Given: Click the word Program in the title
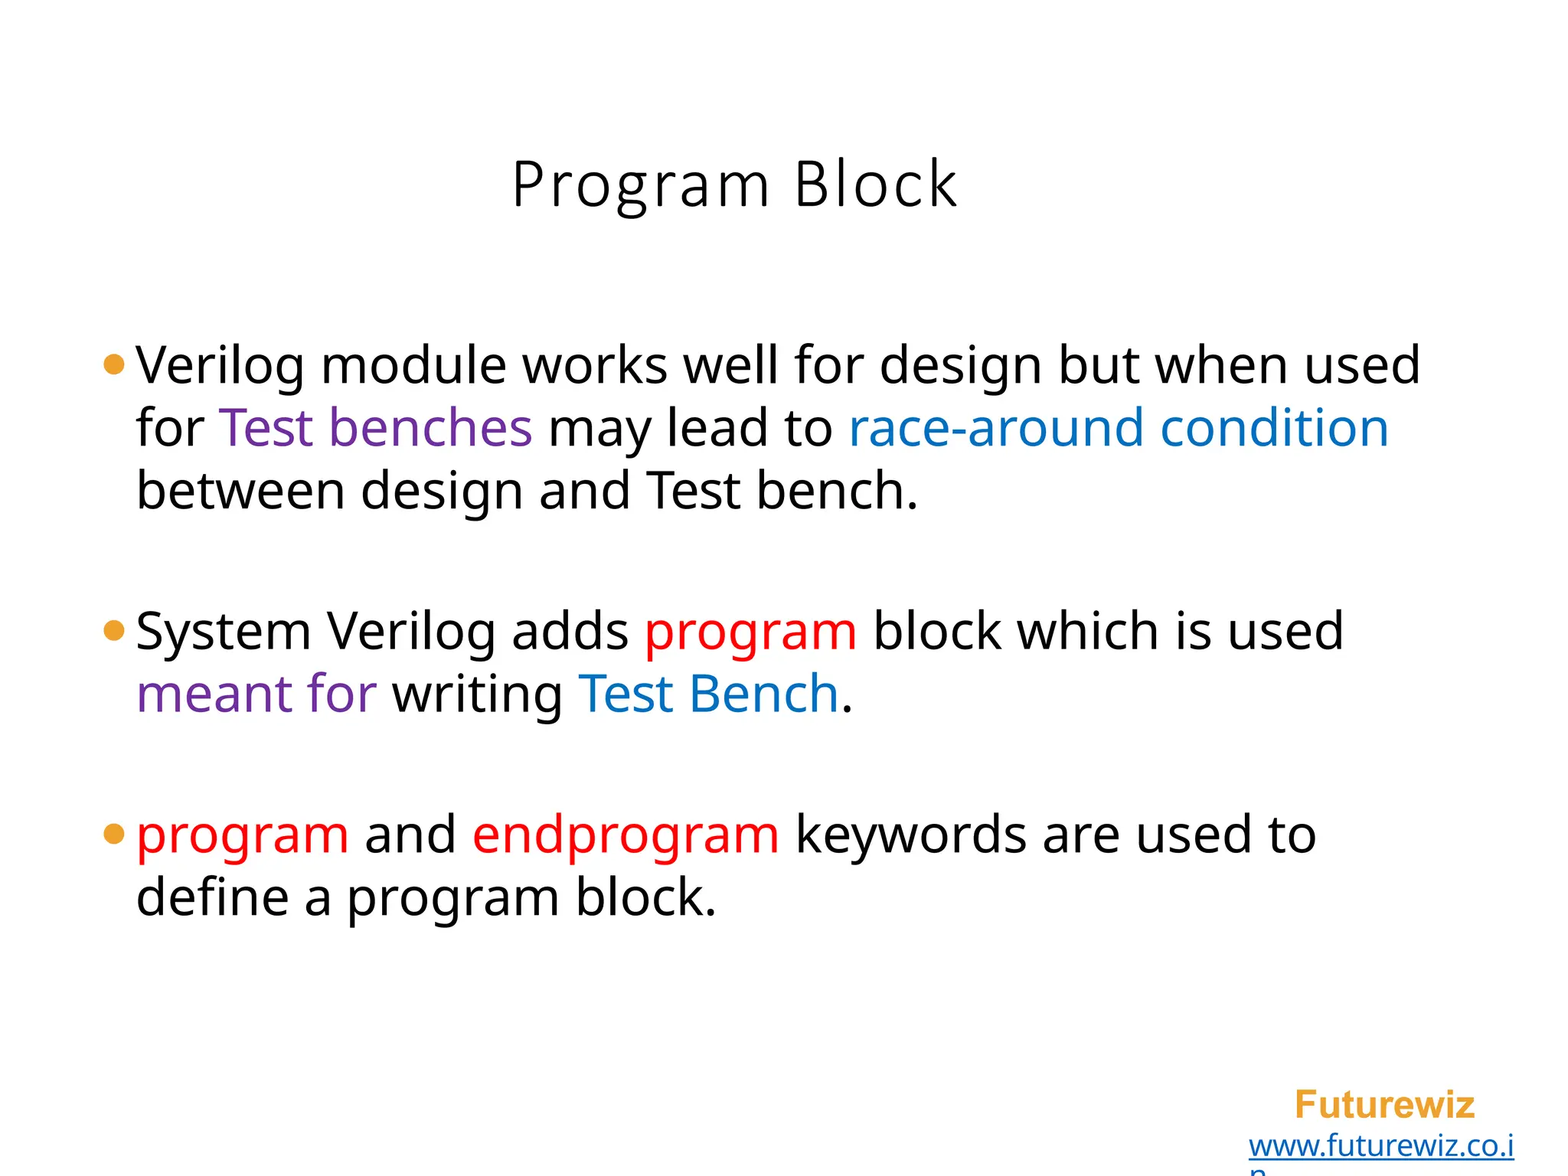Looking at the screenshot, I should point(640,186).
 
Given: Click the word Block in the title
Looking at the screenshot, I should point(876,185).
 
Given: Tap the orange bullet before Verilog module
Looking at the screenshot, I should point(113,364).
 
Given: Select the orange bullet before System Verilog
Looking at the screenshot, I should point(113,631).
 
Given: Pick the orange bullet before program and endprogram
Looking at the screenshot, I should point(113,834).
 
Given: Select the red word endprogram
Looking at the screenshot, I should point(626,835).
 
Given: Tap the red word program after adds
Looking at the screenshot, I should point(750,632).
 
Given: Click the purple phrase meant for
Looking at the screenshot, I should point(256,694).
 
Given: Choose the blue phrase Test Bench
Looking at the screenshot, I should point(708,694).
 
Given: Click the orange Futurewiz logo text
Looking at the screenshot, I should point(1383,1105).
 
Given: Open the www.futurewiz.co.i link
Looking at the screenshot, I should point(1380,1145).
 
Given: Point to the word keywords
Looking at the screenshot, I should point(910,835).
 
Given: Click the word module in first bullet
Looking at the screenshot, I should point(413,364).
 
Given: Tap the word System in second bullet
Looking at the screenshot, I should point(223,632).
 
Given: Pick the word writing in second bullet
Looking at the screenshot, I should point(477,695).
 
